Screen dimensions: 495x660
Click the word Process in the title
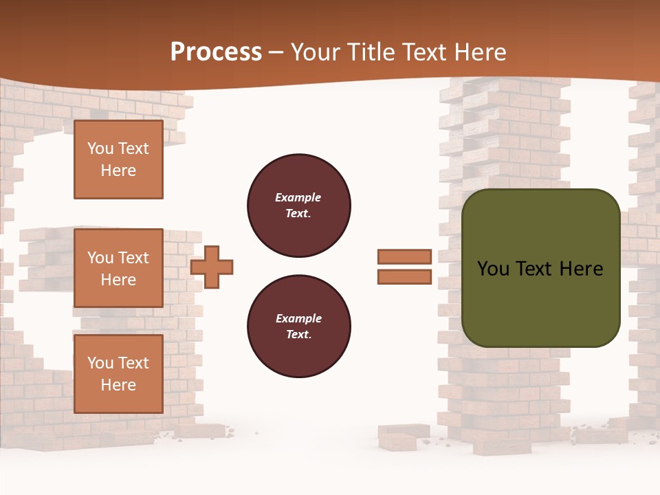tap(216, 52)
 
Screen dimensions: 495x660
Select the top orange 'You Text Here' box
tap(118, 159)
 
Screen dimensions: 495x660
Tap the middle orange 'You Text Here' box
tap(118, 268)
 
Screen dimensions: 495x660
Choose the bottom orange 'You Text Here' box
tap(118, 374)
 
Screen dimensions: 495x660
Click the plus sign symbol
tap(212, 267)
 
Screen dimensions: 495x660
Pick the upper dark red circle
tap(299, 206)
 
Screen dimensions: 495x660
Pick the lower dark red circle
tap(299, 327)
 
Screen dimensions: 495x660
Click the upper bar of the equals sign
tap(405, 257)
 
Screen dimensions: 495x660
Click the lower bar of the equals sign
tap(405, 277)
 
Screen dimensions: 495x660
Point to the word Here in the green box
tap(581, 269)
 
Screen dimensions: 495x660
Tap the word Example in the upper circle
tap(298, 197)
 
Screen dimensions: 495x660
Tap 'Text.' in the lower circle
tap(298, 335)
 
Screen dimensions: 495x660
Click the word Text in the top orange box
tap(133, 148)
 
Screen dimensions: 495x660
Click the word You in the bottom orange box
tap(100, 363)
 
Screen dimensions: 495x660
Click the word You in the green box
tap(493, 269)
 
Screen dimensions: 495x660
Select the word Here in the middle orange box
tap(118, 280)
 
